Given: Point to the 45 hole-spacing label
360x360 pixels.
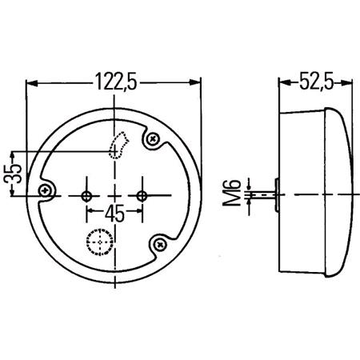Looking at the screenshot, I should click(114, 213).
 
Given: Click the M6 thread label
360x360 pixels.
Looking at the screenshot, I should click(233, 193).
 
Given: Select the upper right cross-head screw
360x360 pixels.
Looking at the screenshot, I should click(153, 141).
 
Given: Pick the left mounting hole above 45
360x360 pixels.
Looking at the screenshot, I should click(86, 194).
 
